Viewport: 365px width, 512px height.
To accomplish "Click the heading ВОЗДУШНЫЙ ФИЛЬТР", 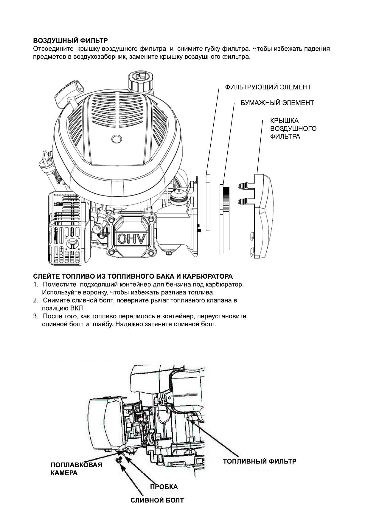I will coord(70,41).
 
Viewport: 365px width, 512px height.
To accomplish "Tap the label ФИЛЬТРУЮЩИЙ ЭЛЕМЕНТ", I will coord(268,87).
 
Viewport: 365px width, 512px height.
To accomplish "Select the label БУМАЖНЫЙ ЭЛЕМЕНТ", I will coord(277,103).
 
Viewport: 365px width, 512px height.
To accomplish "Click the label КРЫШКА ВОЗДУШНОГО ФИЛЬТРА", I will coord(293,129).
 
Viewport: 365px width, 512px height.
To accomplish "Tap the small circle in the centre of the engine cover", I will coord(117,139).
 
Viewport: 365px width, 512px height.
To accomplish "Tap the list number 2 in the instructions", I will coord(35,300).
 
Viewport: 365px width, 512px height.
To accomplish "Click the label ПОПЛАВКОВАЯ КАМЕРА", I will coord(76,469).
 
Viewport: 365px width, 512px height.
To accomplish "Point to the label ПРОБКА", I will coord(164,487).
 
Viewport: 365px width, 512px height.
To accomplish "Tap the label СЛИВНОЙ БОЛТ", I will coord(157,500).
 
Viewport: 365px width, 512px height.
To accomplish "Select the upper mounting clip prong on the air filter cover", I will coord(246,186).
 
